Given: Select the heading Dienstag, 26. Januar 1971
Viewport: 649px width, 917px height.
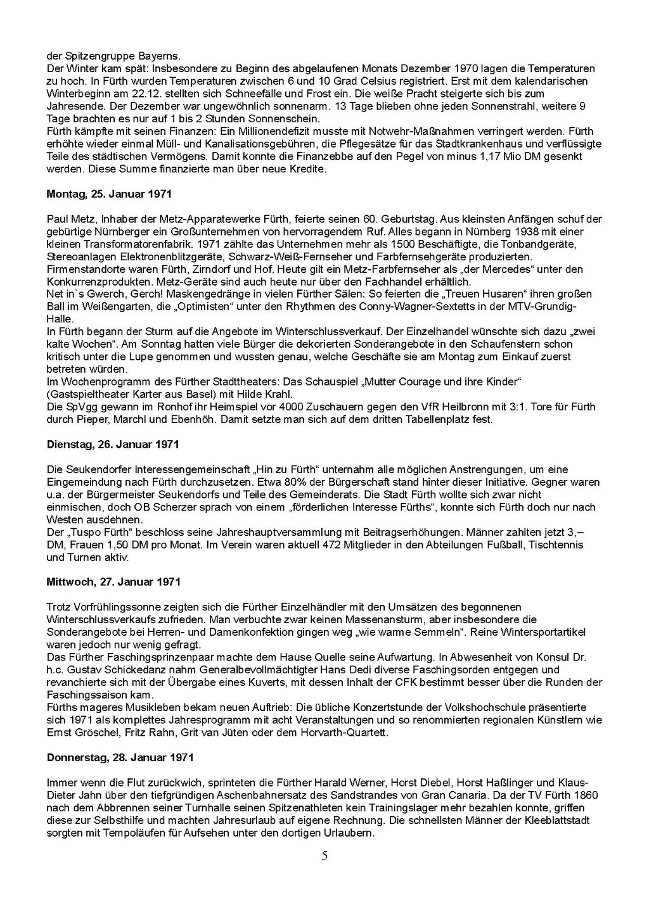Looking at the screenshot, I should click(113, 445).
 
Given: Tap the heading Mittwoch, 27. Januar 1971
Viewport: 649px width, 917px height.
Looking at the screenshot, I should click(113, 581).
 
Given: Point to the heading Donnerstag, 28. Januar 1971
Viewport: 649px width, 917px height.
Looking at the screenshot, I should click(120, 757).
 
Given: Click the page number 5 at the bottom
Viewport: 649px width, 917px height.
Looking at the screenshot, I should click(325, 857).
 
